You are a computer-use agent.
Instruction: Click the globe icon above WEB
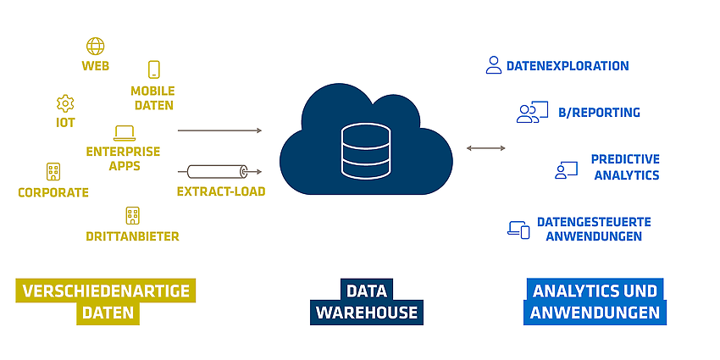coord(96,47)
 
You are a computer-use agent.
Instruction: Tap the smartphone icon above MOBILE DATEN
coord(154,69)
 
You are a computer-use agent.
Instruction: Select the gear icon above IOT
coord(65,104)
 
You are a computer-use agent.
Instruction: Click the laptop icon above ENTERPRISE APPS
coord(125,133)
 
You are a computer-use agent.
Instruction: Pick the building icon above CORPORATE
coord(53,172)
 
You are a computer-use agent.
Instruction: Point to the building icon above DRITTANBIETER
coord(133,216)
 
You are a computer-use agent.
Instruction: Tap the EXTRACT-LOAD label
coord(221,191)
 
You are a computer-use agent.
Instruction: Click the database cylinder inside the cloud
coord(366,151)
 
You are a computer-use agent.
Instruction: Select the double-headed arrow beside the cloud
coord(486,148)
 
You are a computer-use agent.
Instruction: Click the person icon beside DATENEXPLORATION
coord(494,65)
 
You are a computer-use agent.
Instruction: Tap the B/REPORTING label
coord(599,113)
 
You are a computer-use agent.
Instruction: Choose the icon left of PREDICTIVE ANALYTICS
coord(566,170)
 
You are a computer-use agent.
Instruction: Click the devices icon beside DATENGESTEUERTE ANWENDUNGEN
coord(518,230)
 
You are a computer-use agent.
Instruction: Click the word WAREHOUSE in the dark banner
coord(367,313)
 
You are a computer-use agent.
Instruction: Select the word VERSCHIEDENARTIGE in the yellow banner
coord(106,291)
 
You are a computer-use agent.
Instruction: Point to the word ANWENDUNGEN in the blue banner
coord(595,313)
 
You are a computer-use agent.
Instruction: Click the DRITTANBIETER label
coord(132,236)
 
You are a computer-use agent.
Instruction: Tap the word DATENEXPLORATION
coord(568,66)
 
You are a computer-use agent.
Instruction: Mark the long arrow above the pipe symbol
coord(219,130)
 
